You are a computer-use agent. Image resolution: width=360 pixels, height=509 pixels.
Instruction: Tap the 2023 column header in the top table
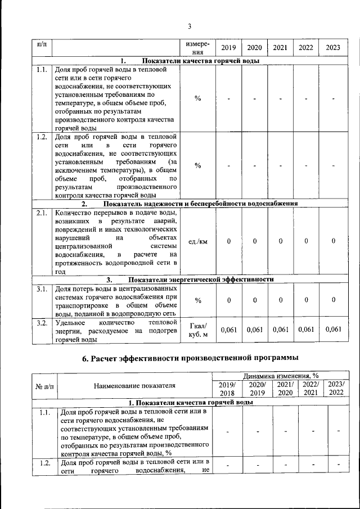[333, 48]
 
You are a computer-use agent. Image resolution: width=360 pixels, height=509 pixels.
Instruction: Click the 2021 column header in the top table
[280, 48]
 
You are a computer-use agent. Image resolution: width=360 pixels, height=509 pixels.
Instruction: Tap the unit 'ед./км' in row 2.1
[198, 242]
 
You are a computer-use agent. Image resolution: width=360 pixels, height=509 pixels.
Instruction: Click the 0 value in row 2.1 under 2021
[280, 242]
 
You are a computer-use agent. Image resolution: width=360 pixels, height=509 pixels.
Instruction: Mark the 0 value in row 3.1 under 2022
[307, 300]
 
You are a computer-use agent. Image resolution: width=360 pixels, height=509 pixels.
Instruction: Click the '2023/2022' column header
[336, 388]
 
